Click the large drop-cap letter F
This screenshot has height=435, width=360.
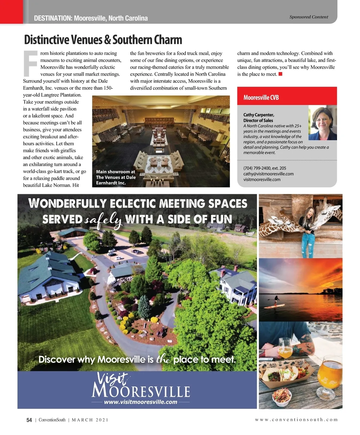point(30,63)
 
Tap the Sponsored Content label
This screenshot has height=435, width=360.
point(308,17)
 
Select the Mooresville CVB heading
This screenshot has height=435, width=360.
point(261,97)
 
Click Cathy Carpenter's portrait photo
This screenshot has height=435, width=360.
point(322,123)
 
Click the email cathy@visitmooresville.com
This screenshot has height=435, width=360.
point(268,174)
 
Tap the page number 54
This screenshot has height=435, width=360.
point(29,420)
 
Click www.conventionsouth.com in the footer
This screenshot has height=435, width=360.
point(296,420)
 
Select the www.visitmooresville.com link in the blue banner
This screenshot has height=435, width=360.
point(140,402)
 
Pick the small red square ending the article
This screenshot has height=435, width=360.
point(280,74)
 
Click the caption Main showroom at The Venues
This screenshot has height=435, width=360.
point(115,177)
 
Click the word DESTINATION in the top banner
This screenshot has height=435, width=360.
point(53,18)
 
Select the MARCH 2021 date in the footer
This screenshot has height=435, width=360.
point(90,420)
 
